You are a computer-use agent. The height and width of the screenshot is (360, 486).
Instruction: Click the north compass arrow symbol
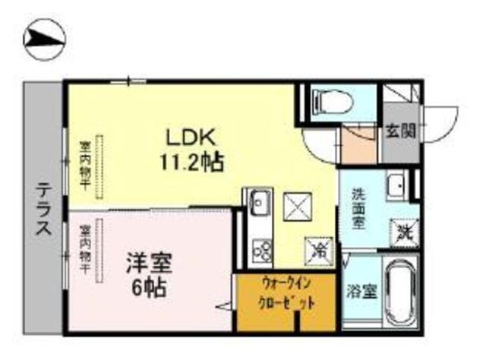click(45, 39)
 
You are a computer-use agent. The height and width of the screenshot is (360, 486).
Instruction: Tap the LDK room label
click(193, 137)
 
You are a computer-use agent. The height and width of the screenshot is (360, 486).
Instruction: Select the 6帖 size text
click(148, 288)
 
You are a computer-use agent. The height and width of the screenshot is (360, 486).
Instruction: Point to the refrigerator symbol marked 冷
click(319, 248)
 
